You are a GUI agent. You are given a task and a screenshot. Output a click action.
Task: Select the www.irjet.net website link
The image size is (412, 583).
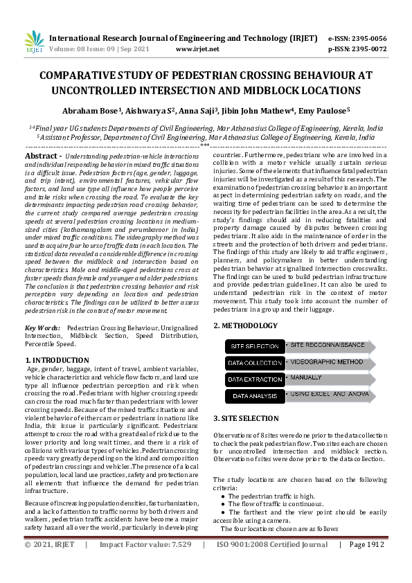[197, 50]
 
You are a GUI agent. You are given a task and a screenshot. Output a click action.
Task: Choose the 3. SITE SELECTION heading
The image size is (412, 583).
[247, 418]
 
